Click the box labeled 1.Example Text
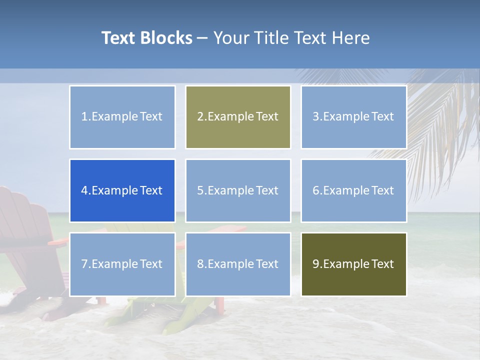[122, 117]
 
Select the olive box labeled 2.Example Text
[238, 117]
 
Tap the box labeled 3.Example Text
[353, 117]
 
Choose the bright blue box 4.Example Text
[122, 190]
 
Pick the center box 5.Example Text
[238, 190]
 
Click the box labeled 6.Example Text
[353, 190]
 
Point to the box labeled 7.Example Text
[122, 264]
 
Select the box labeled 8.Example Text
[238, 264]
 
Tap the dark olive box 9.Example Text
[353, 264]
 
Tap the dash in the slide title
[202, 38]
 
